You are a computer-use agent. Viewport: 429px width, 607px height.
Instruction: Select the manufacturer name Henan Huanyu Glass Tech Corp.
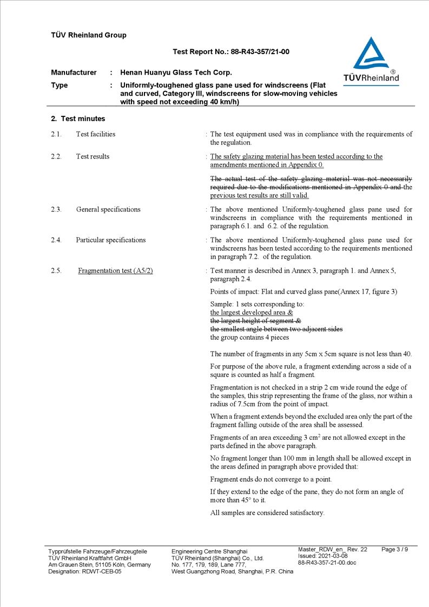tap(176, 72)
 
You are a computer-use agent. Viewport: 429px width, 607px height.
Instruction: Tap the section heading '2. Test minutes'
tap(78, 119)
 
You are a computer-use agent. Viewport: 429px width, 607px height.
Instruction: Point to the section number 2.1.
tap(56, 134)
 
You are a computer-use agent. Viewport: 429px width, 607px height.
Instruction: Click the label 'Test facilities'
tap(96, 134)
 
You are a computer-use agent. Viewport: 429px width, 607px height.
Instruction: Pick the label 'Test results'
tap(93, 157)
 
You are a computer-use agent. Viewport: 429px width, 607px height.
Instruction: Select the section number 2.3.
tap(56, 209)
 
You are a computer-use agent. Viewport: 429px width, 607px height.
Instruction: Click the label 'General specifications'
tap(108, 209)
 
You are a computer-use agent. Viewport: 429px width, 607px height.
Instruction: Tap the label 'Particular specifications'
tap(111, 240)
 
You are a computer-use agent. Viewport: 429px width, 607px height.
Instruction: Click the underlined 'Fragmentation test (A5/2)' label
tap(115, 270)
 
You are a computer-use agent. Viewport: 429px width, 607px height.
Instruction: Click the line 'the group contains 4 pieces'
tap(249, 338)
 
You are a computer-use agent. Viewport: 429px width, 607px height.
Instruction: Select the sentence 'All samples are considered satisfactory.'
tap(267, 513)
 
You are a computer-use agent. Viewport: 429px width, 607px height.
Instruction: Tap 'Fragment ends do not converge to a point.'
tap(271, 479)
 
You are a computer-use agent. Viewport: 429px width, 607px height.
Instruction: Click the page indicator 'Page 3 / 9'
tap(395, 550)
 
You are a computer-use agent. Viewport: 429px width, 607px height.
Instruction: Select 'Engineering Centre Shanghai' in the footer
tap(209, 551)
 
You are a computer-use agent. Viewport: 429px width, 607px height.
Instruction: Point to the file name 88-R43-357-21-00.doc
tap(327, 563)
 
